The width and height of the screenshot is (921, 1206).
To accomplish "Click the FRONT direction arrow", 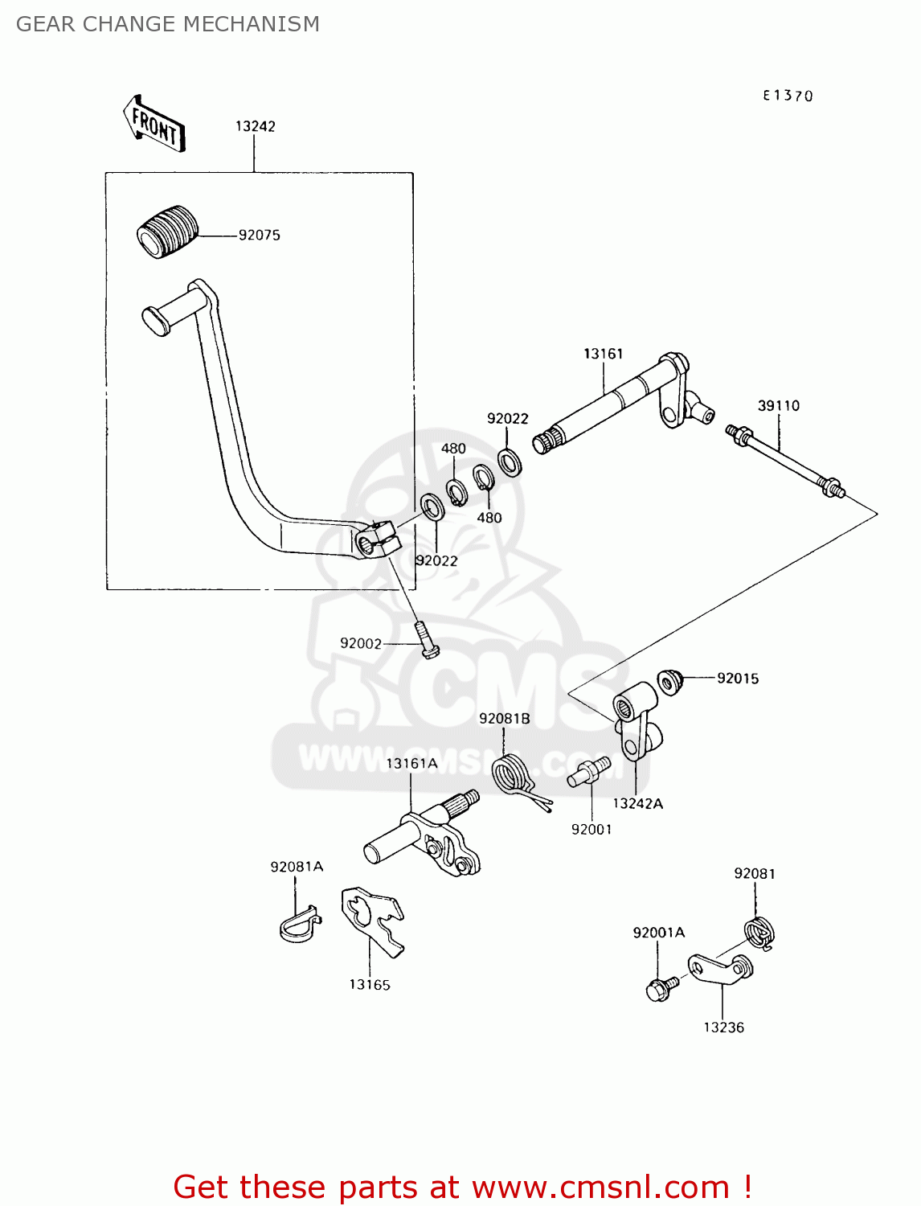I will (154, 125).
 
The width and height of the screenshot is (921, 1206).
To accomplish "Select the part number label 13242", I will (255, 126).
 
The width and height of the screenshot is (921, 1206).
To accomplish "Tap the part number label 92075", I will (259, 236).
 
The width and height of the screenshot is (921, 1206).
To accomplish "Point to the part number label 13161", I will (603, 354).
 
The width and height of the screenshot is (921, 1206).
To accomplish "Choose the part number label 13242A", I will (637, 803).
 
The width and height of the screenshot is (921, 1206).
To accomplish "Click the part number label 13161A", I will (411, 763).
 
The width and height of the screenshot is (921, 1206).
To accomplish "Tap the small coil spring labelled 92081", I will (759, 933).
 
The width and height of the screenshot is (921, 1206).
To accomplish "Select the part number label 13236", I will (723, 1028).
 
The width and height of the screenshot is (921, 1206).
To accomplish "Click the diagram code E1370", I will (788, 96).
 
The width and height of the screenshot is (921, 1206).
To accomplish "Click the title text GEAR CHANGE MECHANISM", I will (168, 24).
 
